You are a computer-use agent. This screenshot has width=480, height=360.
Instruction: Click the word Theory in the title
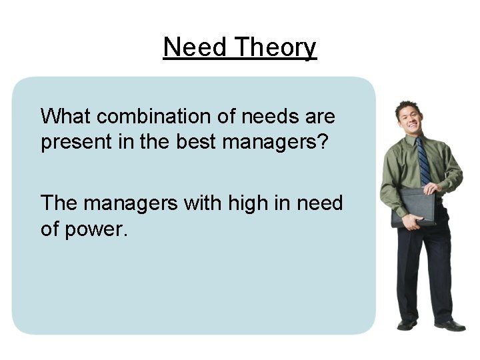[275, 48]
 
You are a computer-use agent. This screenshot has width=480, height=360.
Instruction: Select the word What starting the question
[66, 117]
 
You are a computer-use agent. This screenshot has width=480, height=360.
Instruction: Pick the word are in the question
[321, 117]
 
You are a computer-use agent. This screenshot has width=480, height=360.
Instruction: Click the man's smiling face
[408, 119]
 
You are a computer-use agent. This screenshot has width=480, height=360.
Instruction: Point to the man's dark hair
[406, 105]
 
